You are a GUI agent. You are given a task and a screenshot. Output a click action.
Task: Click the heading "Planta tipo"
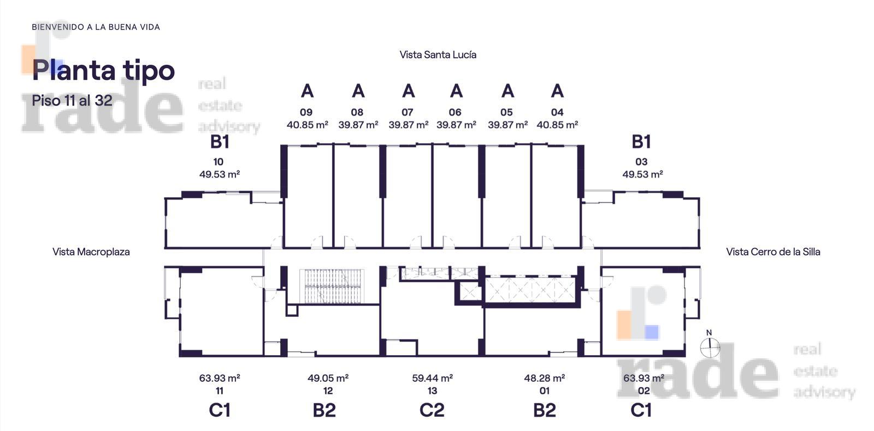(x=103, y=71)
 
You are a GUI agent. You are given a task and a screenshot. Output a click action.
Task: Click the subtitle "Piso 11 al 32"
(x=72, y=101)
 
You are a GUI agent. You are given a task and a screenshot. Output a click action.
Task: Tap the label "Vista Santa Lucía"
(x=438, y=55)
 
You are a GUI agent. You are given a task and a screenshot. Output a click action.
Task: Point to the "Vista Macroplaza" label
(x=91, y=252)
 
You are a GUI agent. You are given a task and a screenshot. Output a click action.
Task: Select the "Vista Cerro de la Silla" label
(x=773, y=252)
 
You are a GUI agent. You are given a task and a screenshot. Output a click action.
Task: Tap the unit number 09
(x=306, y=113)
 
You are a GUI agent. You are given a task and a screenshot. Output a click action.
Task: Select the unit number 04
(x=557, y=113)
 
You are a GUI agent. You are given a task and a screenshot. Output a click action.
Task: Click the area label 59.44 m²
(x=432, y=378)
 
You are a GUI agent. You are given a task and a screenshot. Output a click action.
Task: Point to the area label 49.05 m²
(x=328, y=378)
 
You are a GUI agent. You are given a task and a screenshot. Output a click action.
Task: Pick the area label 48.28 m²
(x=544, y=378)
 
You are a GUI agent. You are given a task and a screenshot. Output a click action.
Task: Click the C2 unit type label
(x=432, y=410)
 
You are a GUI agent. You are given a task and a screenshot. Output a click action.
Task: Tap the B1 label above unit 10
(x=220, y=141)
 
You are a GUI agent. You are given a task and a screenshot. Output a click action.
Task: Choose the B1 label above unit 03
(x=641, y=141)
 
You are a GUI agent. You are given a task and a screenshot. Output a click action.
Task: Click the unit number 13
(x=432, y=391)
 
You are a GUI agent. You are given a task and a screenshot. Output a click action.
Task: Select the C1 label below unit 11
(x=220, y=410)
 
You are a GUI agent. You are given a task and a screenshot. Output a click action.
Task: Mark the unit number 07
(x=408, y=113)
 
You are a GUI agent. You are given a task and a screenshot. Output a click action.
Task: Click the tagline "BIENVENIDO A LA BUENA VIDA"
(x=96, y=27)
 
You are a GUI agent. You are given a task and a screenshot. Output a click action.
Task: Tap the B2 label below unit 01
(x=544, y=410)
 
